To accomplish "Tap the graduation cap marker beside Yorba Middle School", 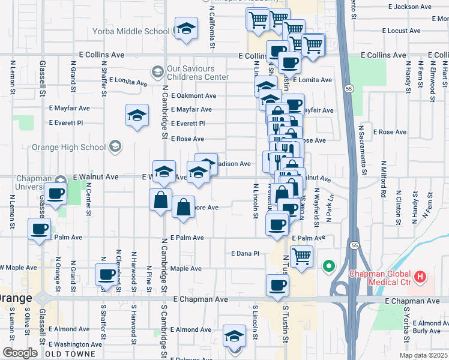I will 186,28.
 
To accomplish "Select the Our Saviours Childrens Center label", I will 197,73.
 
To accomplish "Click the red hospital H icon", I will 420,278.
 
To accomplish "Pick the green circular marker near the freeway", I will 328,266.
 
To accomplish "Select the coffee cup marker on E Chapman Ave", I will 277,286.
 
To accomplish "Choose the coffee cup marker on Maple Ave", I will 106,275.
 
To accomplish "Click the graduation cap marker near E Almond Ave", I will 234,336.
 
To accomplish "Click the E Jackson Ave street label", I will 409,7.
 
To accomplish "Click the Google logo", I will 20,352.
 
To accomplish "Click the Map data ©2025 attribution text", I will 423,355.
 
